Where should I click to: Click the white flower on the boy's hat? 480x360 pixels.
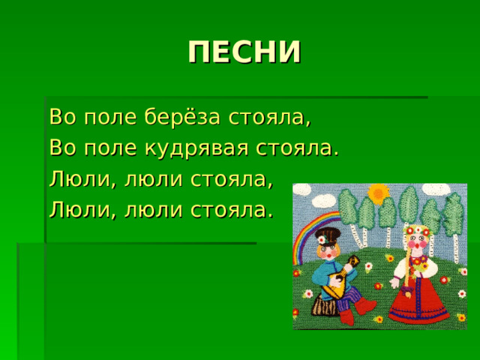pos(322,239)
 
